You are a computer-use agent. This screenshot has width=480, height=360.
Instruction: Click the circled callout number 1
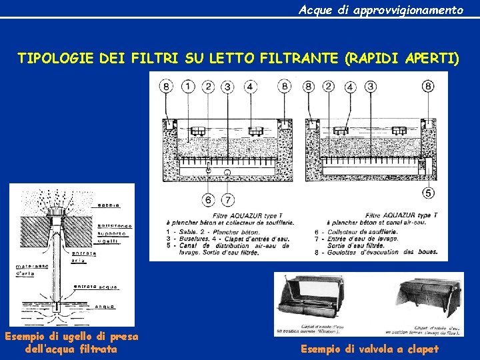pos(188,86)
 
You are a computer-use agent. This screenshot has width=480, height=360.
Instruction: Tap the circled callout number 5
pos(427,193)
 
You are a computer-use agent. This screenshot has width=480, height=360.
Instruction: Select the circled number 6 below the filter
pos(208,199)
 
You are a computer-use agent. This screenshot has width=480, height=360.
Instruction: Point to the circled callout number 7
pos(228,199)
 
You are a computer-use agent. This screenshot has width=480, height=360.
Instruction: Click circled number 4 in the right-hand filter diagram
pos(350,86)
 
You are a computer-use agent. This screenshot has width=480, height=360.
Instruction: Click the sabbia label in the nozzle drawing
pos(108,204)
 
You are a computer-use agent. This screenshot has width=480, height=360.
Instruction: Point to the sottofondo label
pos(115,226)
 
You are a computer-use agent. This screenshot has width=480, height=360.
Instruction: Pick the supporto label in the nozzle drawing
pos(113,235)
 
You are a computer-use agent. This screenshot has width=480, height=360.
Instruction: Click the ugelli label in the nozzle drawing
pos(108,242)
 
